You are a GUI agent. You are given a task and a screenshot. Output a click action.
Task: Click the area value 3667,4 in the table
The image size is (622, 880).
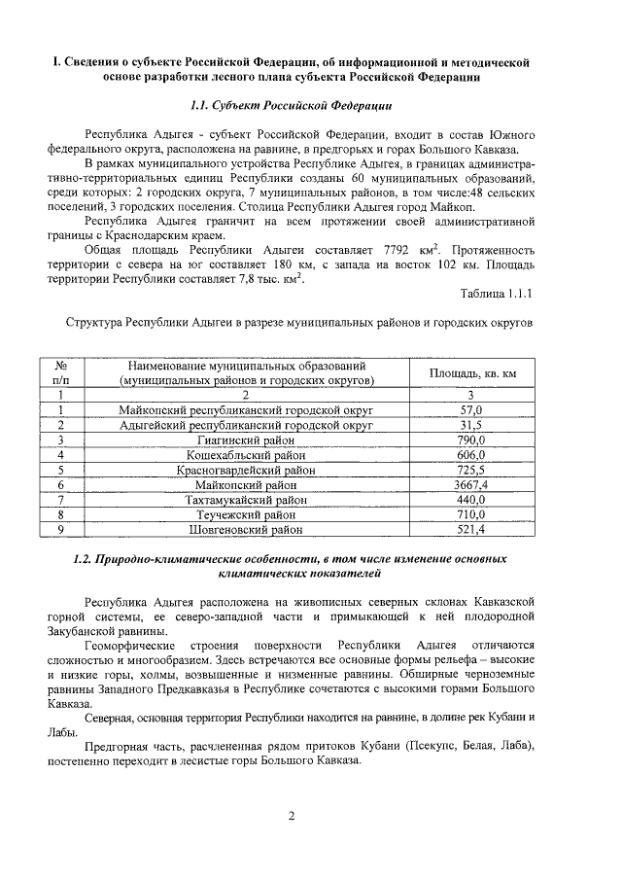tap(471, 484)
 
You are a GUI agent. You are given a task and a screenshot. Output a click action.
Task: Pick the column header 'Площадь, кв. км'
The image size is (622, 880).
tap(471, 373)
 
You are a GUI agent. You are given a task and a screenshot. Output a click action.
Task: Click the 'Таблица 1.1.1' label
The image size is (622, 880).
tap(496, 293)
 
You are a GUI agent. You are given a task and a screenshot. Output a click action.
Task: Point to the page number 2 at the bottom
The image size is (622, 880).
tap(291, 815)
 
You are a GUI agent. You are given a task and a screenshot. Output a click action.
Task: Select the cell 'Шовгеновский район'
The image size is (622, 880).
tap(245, 530)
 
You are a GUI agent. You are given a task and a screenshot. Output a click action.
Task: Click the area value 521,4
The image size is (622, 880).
tap(471, 530)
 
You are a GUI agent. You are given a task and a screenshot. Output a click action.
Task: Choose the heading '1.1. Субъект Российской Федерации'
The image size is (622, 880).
tap(291, 103)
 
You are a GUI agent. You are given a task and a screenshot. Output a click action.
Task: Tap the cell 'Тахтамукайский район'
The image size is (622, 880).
tap(245, 500)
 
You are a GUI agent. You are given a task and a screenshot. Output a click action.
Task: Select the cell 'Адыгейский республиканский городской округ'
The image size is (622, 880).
tap(245, 425)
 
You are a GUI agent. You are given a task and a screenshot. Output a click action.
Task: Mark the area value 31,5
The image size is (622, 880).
tap(471, 425)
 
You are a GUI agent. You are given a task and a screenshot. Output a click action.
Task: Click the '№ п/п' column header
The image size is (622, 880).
tap(60, 373)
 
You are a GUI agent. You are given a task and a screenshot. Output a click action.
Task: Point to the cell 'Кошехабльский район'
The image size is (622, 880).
tap(245, 455)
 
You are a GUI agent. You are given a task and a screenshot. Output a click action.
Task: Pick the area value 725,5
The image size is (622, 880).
tap(471, 470)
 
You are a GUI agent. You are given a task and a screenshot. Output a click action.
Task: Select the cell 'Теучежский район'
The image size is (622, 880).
tap(245, 514)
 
